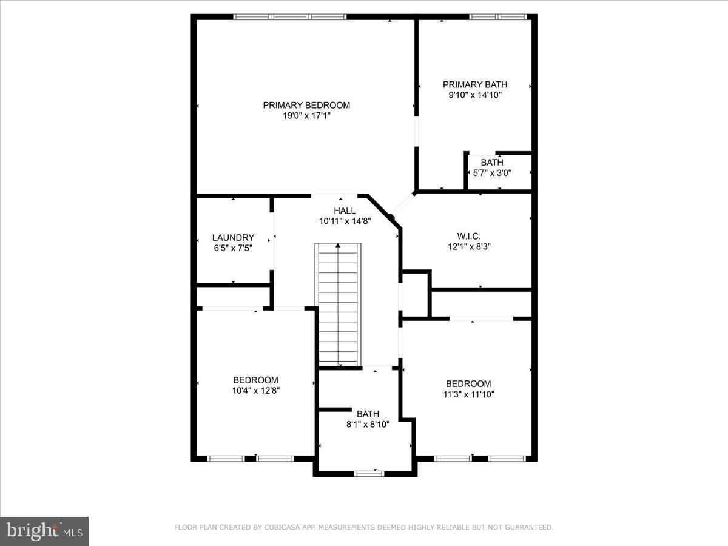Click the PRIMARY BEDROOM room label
[x=306, y=105]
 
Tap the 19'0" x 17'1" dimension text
[x=306, y=115]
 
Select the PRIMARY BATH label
[x=474, y=84]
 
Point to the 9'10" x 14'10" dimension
[x=474, y=95]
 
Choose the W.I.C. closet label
[x=468, y=236]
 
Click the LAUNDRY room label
[x=233, y=237]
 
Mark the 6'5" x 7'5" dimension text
[x=233, y=248]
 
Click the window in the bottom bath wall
[x=369, y=473]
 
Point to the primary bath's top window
[x=497, y=17]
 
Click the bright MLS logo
[x=44, y=531]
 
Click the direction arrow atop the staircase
[x=338, y=245]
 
